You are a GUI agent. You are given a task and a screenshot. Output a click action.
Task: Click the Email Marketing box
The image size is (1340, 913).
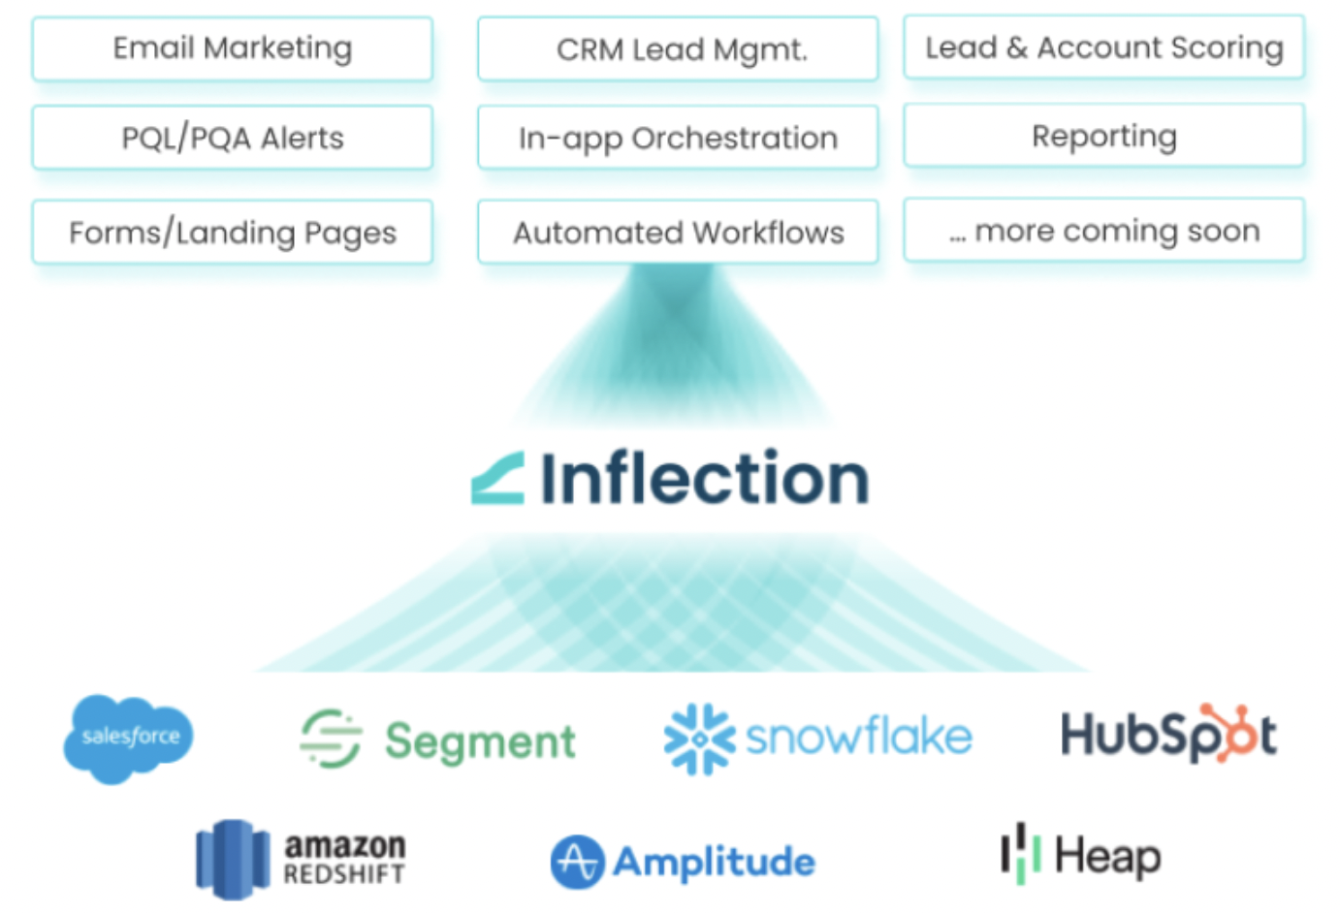click(232, 48)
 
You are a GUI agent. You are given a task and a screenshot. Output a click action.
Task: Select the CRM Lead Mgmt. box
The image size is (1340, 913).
click(678, 48)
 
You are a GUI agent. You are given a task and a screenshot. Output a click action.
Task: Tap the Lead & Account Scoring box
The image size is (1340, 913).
click(1103, 47)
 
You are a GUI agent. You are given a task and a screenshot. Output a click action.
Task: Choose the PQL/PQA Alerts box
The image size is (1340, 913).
click(232, 138)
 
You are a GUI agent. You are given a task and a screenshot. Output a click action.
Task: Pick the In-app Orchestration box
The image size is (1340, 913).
click(678, 138)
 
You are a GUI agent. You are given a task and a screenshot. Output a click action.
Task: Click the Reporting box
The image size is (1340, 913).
click(1103, 136)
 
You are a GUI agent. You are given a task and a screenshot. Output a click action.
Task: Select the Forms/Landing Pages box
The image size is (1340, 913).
click(232, 232)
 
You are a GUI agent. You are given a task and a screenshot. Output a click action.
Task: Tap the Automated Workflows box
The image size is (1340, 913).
click(678, 232)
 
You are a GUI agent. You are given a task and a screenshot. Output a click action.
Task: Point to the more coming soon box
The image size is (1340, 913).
click(1103, 230)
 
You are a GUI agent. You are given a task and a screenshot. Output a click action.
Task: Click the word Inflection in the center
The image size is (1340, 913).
click(704, 478)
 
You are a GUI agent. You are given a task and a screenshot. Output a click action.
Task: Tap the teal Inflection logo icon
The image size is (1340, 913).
click(498, 478)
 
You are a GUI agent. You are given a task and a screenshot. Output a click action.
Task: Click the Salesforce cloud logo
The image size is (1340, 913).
click(129, 738)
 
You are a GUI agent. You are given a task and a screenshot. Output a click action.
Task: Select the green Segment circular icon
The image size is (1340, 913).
click(331, 739)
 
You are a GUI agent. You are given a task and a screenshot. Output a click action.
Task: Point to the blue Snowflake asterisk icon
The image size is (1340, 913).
click(699, 739)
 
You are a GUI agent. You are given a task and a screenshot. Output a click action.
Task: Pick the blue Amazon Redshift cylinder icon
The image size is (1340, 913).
click(233, 859)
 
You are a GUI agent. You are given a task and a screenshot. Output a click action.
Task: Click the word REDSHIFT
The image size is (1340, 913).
click(344, 874)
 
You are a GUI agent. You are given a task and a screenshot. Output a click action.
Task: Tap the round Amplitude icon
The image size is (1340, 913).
click(577, 862)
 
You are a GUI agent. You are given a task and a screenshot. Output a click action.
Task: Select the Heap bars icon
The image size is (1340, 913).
click(1020, 854)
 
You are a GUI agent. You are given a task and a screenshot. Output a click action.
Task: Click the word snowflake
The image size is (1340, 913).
click(858, 737)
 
